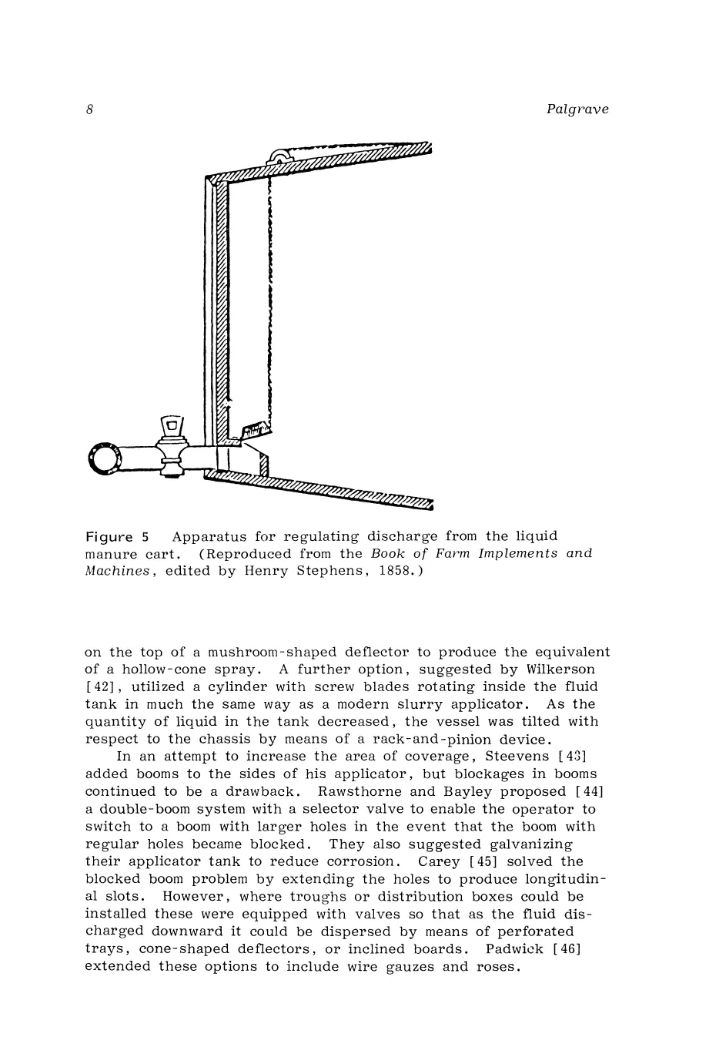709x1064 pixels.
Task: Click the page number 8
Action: point(89,109)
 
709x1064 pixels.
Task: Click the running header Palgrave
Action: point(577,109)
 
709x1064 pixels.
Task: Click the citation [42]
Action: point(99,686)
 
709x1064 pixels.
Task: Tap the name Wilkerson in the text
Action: point(558,670)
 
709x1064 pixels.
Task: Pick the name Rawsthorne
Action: point(365,791)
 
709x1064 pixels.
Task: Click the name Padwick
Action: point(509,949)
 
